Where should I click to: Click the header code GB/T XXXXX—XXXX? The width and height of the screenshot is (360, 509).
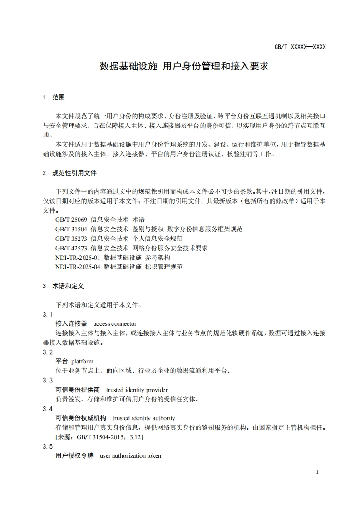(301, 47)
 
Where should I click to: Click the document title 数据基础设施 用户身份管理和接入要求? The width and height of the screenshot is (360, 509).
(184, 67)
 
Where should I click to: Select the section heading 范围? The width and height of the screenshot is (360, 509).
(59, 97)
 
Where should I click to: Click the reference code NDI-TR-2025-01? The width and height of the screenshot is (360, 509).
(78, 258)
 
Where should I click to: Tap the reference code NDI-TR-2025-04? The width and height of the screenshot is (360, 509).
(78, 267)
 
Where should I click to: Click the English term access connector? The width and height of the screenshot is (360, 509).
(115, 324)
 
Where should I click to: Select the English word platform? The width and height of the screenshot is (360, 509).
(82, 362)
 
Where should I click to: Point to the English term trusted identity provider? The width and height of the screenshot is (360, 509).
(137, 390)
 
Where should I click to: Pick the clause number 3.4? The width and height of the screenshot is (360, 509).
(48, 409)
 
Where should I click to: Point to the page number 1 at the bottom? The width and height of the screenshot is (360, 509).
(317, 472)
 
